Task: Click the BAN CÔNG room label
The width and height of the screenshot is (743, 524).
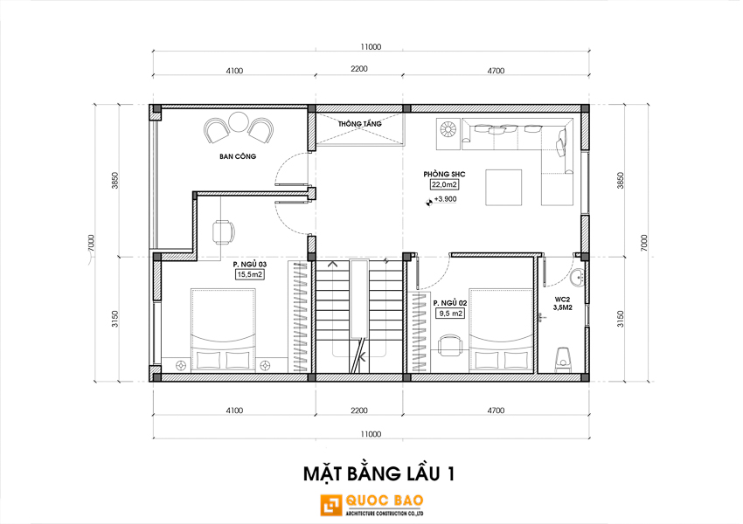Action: coord(238,156)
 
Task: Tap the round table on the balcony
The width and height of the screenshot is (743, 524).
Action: coord(239,121)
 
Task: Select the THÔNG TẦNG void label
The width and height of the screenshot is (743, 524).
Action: coord(359,124)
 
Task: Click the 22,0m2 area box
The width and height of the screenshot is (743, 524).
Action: coord(444,184)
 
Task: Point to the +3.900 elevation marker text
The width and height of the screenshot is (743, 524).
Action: coord(446,199)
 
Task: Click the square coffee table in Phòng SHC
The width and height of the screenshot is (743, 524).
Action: coord(503,188)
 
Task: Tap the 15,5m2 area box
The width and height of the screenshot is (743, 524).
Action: coord(250,274)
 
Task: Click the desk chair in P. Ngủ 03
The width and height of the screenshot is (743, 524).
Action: coord(223,232)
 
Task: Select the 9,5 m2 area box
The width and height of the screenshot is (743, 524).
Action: coord(449,314)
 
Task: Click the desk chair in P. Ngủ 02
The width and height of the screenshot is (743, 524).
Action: coord(449,345)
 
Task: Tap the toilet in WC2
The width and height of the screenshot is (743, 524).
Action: coord(562,359)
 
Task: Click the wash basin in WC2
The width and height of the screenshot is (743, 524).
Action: coord(578,278)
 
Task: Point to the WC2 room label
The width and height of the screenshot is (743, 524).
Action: coord(562,303)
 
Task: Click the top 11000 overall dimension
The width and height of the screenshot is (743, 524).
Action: coord(371,46)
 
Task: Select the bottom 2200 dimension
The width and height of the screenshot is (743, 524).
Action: coord(359,410)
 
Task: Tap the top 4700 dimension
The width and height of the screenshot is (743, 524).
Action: coord(496,71)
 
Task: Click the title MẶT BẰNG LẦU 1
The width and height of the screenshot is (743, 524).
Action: coord(379,474)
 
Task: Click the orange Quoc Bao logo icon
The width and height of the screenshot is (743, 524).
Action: coord(331,506)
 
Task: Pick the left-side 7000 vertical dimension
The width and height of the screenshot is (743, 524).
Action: coord(92,244)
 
